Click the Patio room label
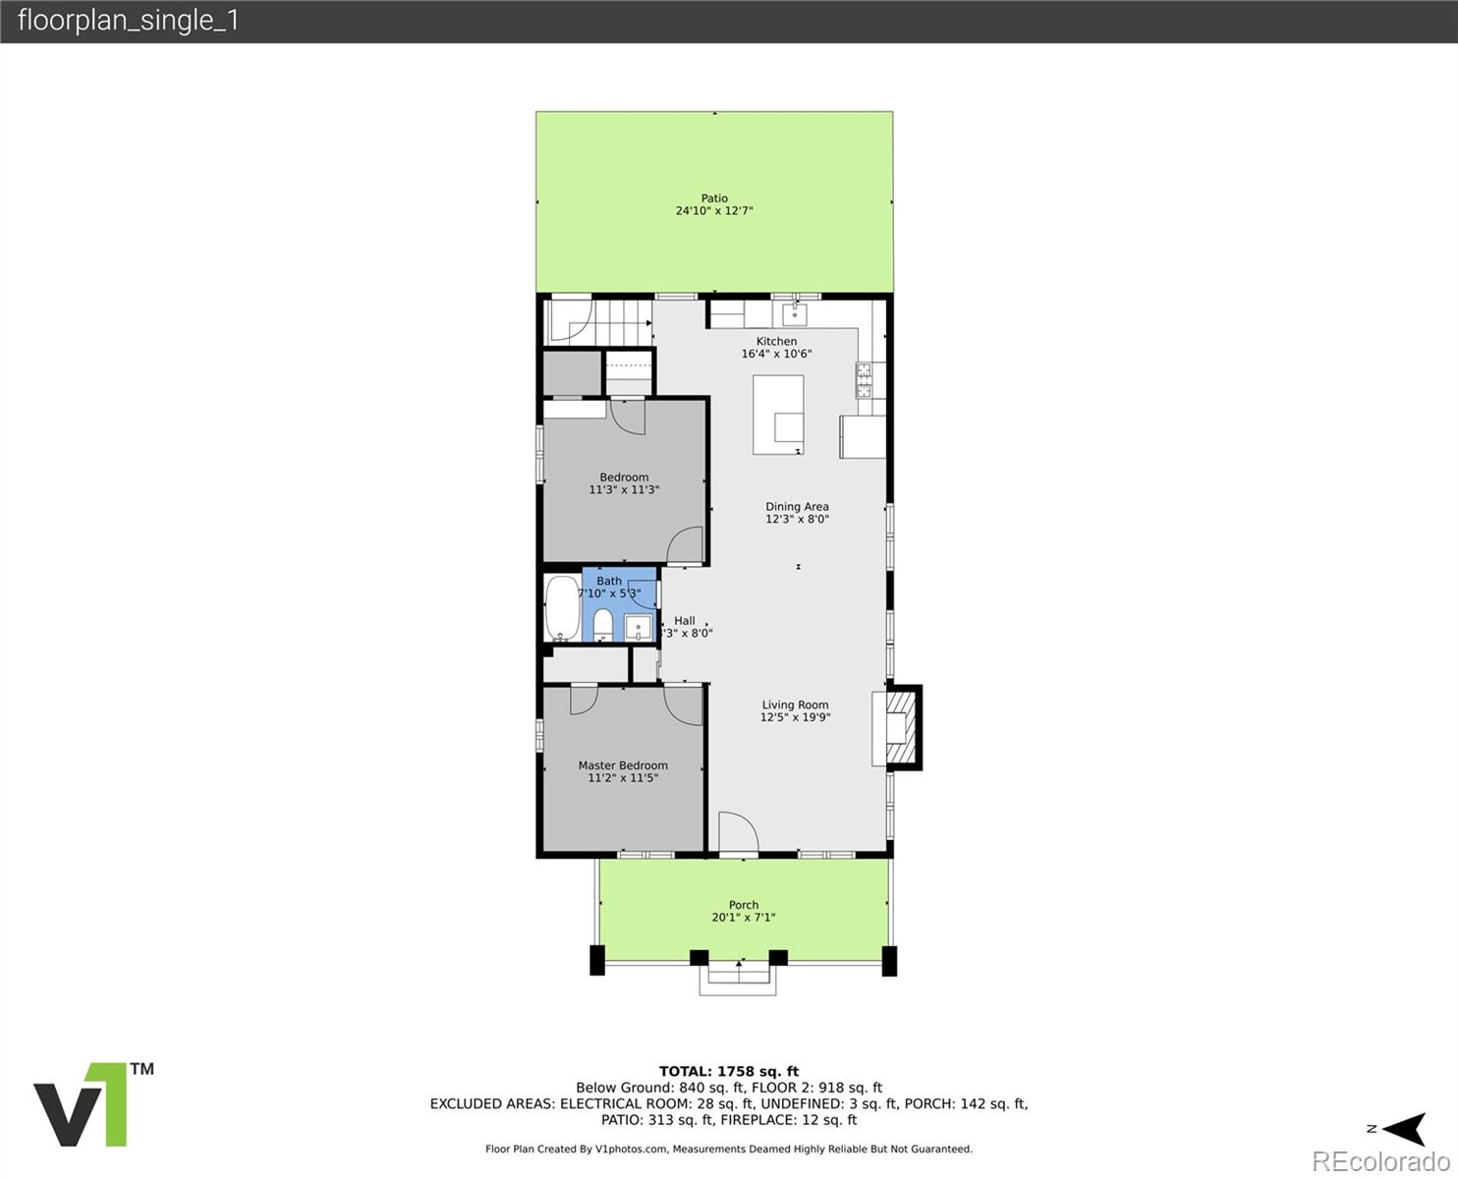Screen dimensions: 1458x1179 714,197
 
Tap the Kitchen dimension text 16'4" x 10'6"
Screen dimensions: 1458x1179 776,354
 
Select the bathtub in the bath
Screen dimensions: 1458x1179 562,608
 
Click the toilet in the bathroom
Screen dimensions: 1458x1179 602,625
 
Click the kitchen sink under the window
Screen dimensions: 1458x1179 794,314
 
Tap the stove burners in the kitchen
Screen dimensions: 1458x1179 864,380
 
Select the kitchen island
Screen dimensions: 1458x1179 778,415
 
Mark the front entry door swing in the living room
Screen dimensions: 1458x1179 738,831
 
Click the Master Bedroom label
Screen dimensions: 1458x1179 623,765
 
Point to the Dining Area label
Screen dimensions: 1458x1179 797,506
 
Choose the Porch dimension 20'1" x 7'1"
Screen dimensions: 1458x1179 744,917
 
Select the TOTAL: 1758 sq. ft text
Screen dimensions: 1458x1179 729,1072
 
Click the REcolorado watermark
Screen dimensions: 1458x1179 1381,1161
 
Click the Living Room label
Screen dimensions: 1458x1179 796,704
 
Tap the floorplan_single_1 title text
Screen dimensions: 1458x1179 129,21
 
